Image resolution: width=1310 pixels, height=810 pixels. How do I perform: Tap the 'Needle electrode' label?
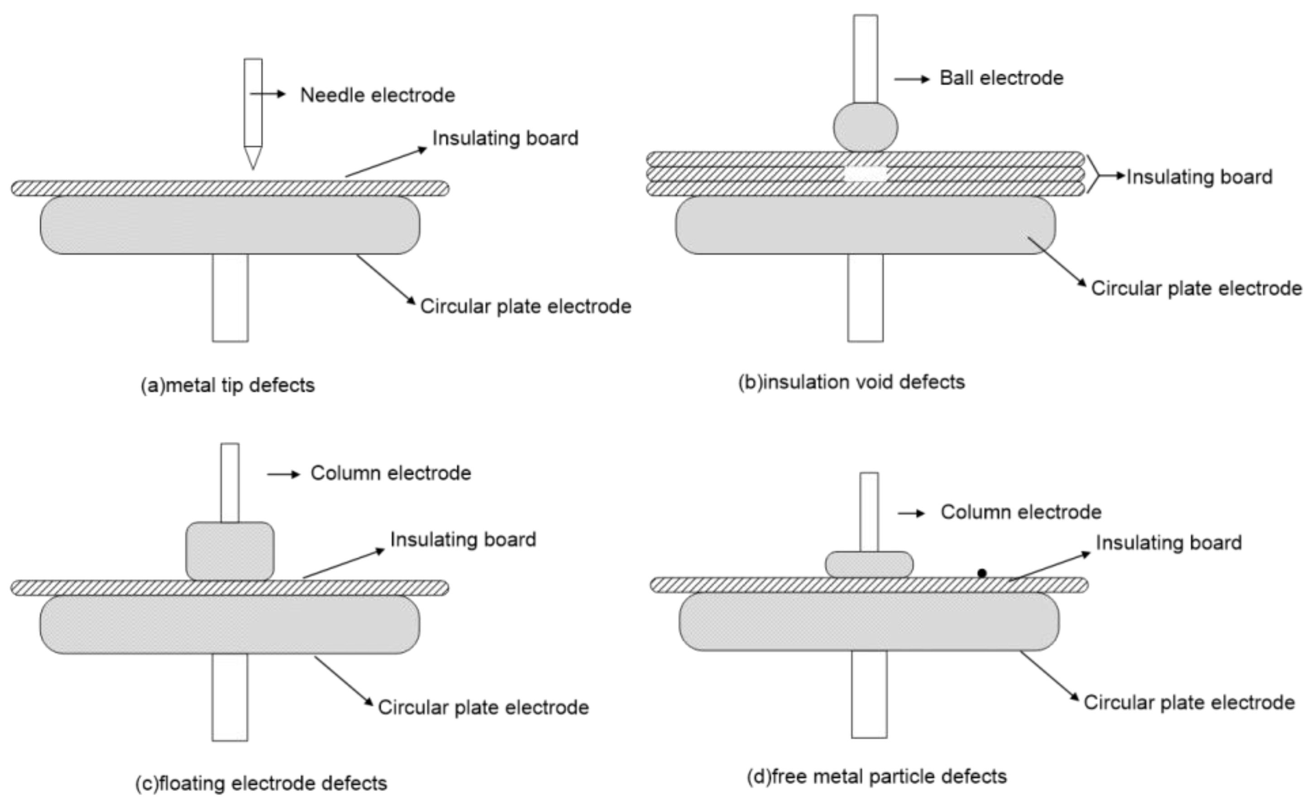(377, 96)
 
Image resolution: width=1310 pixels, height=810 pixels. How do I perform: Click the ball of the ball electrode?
(865, 128)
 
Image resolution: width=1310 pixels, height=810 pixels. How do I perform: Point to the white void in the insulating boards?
(865, 174)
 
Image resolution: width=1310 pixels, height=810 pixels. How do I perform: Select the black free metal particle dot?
(982, 573)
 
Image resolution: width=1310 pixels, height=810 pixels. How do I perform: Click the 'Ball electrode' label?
(1001, 78)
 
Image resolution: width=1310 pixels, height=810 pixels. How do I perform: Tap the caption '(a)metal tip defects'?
(228, 386)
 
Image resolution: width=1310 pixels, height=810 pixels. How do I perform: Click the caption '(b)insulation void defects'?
(851, 383)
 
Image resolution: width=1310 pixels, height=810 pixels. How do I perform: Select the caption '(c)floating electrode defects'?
(261, 783)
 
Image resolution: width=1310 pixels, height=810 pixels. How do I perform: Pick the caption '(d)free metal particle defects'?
(876, 776)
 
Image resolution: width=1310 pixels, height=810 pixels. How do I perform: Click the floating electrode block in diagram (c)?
(230, 551)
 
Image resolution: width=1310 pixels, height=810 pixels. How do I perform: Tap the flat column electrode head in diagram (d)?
(869, 565)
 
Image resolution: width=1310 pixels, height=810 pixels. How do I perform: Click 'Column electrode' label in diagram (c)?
(391, 474)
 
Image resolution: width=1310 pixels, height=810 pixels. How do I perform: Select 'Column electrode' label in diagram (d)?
(1021, 512)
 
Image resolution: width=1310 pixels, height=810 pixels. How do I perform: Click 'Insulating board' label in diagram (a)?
(505, 138)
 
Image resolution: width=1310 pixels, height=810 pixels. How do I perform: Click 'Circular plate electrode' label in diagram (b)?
(1196, 289)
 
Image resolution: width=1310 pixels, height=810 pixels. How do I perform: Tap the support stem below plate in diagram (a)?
(230, 297)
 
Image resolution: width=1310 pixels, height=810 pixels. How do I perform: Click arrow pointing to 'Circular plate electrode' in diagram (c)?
(343, 681)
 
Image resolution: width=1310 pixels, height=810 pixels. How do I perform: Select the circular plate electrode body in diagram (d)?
(869, 622)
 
